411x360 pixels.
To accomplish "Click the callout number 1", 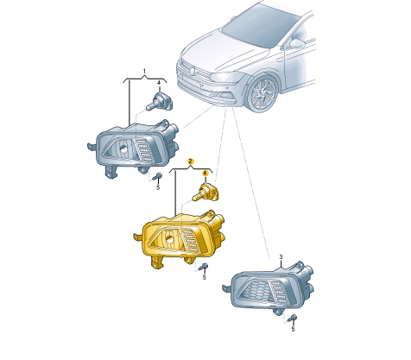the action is point(144,71).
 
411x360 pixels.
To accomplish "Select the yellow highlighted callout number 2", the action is point(190,161).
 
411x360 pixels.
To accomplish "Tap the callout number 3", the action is point(281,257).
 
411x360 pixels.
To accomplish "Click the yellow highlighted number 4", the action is point(205,174).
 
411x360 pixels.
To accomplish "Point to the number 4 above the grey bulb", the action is point(159,83).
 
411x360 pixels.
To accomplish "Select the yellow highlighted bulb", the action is point(205,191).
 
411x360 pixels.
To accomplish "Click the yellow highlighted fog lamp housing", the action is point(180,239).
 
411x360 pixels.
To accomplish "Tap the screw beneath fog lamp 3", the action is point(292,319).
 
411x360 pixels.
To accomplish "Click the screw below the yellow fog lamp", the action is point(204,267).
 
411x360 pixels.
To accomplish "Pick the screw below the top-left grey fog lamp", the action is point(157,176).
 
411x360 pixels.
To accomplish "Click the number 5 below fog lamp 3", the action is point(293,329).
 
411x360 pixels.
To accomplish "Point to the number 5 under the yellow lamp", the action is point(204,277).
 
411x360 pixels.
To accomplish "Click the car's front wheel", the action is point(263,93).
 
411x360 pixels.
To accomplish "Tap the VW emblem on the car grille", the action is point(192,71).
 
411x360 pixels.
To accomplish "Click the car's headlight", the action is point(226,77).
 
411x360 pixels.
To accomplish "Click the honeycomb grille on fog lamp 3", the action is point(257,292).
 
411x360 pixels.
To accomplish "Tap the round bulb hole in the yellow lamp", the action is point(170,238).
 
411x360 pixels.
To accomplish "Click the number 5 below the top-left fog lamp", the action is point(158,187).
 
